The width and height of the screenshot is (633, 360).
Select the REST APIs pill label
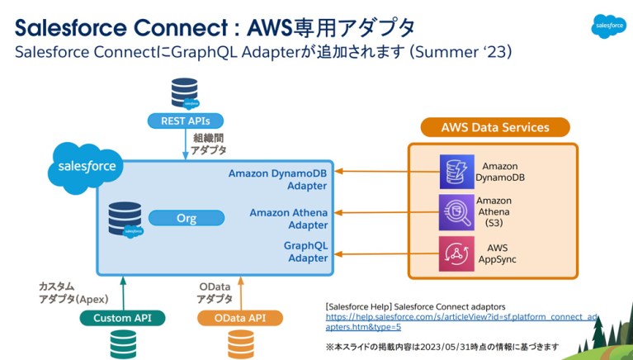pyautogui.click(x=185, y=121)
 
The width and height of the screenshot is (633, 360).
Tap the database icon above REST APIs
pyautogui.click(x=183, y=93)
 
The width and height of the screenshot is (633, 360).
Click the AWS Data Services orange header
pyautogui.click(x=494, y=127)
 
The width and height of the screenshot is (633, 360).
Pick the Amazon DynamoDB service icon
pyautogui.click(x=455, y=171)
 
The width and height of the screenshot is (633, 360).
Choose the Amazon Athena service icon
pyautogui.click(x=455, y=212)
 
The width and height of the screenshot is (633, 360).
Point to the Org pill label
pyautogui.click(x=187, y=218)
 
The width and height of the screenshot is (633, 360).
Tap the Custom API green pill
pyautogui.click(x=123, y=318)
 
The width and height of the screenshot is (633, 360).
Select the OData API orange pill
pyautogui.click(x=240, y=318)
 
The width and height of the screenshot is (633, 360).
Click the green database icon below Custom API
pyautogui.click(x=123, y=343)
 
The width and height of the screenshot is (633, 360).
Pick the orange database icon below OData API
pyautogui.click(x=241, y=343)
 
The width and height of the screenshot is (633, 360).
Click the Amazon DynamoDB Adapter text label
pyautogui.click(x=278, y=179)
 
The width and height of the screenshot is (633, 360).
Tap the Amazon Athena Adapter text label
pyautogui.click(x=289, y=218)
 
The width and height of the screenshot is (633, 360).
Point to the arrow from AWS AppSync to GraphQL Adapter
pyautogui.click(x=385, y=253)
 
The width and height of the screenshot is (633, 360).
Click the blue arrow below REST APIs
pyautogui.click(x=185, y=145)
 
